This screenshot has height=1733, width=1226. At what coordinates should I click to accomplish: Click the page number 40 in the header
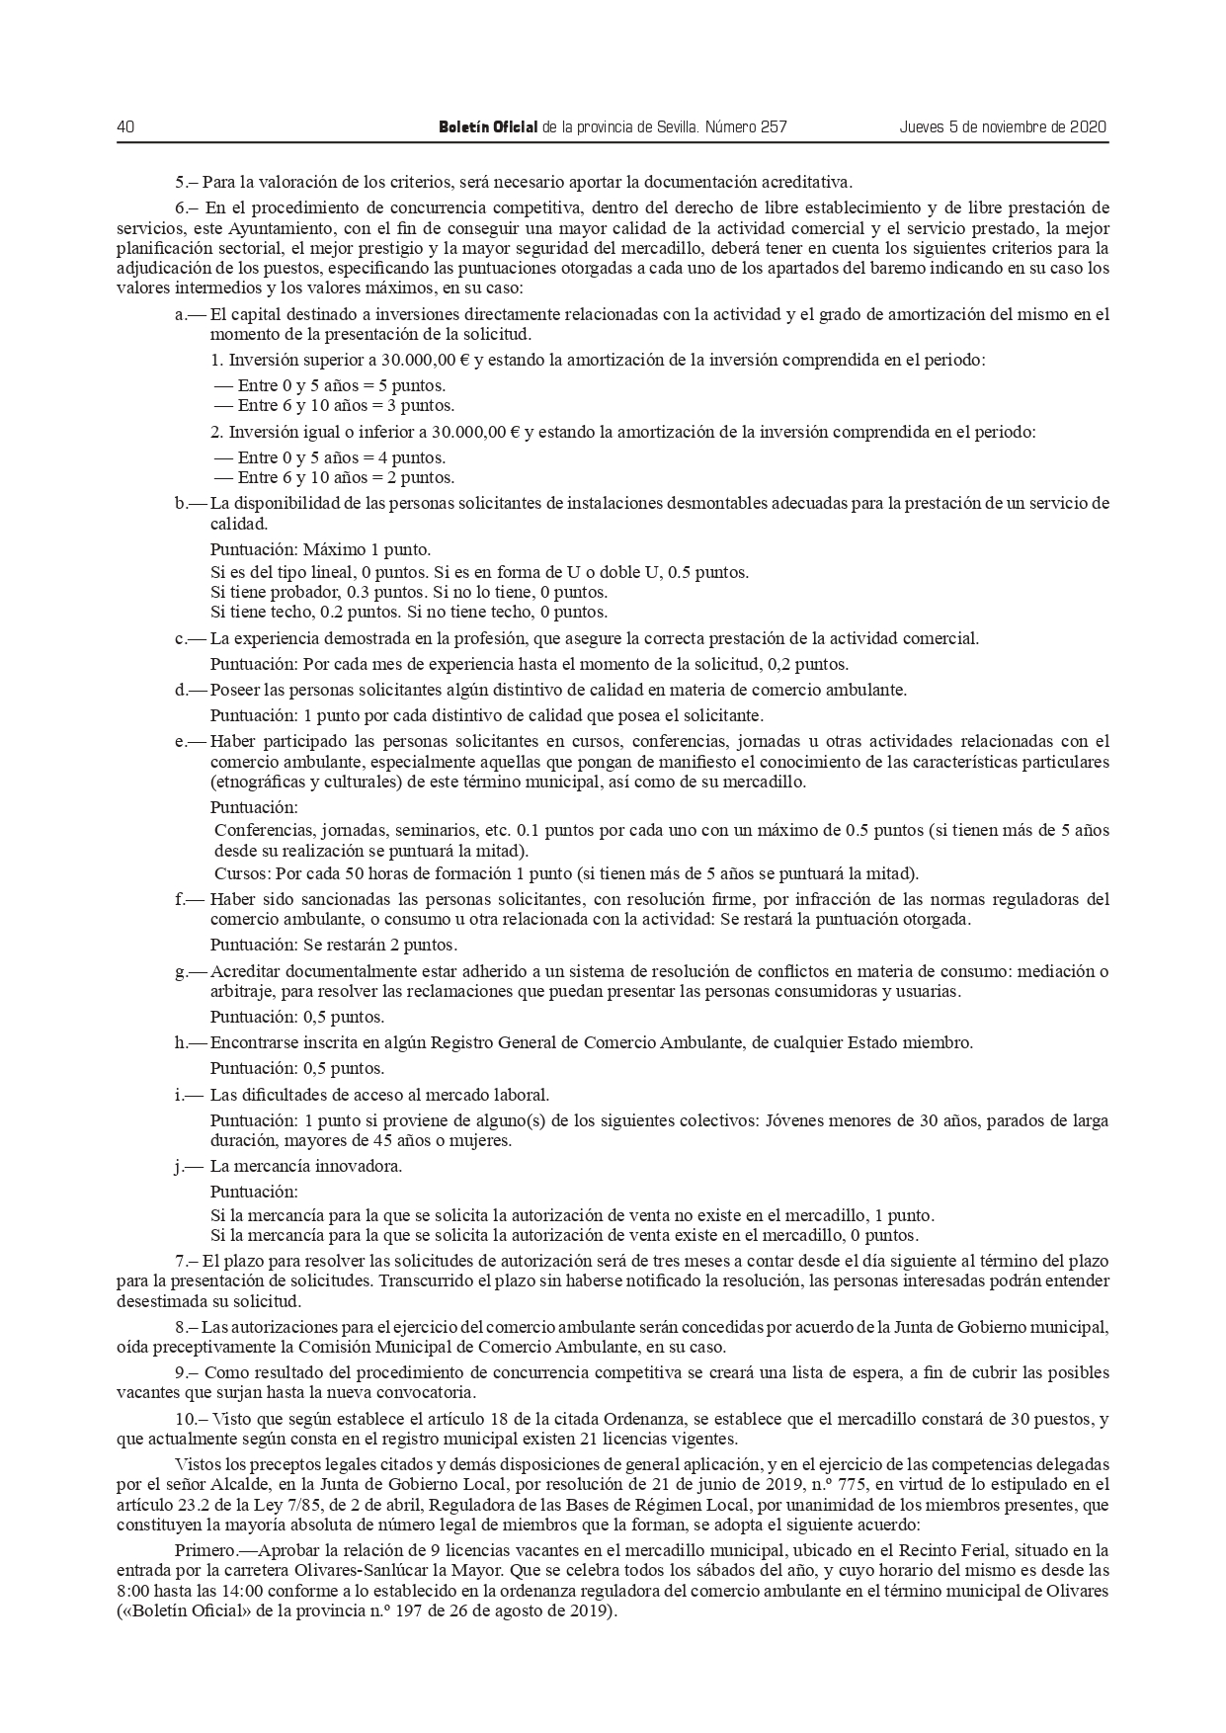click(125, 127)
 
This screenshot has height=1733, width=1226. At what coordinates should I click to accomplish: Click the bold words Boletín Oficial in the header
click(488, 127)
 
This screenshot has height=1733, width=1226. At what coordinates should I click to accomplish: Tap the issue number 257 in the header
click(773, 127)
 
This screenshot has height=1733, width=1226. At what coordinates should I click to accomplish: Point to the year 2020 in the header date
click(1089, 127)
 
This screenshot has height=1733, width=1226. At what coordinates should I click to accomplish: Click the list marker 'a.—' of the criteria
click(190, 315)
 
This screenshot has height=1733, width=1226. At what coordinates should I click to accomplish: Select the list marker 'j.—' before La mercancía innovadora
click(190, 1166)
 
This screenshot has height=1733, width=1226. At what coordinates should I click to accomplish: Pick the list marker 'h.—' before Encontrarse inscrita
click(190, 1042)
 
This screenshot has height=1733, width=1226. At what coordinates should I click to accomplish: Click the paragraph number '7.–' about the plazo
click(186, 1261)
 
